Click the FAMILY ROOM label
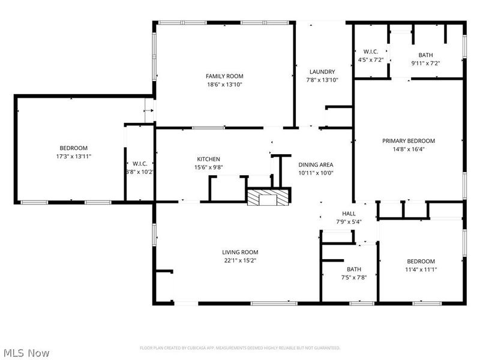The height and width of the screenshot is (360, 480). pyautogui.click(x=224, y=76)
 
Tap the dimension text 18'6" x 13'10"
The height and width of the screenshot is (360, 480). pyautogui.click(x=224, y=85)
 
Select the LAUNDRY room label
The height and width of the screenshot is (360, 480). pyautogui.click(x=322, y=72)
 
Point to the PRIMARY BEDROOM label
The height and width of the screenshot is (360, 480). pyautogui.click(x=409, y=141)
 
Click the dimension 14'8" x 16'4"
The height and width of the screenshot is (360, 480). pyautogui.click(x=409, y=149)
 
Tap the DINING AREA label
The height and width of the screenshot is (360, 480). pyautogui.click(x=316, y=164)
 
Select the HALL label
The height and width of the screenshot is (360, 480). pyautogui.click(x=349, y=214)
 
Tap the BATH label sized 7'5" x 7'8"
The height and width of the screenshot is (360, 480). pyautogui.click(x=353, y=269)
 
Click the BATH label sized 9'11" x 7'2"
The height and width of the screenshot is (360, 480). pyautogui.click(x=425, y=55)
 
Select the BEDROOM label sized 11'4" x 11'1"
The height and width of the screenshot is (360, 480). pyautogui.click(x=421, y=261)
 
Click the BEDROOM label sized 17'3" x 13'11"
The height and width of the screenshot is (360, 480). pyautogui.click(x=73, y=148)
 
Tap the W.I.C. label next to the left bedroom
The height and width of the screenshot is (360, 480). pyautogui.click(x=140, y=163)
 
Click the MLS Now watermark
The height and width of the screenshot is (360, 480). pyautogui.click(x=26, y=353)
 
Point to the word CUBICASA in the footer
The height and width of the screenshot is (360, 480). pyautogui.click(x=209, y=348)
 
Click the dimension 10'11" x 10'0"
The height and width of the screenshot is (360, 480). pyautogui.click(x=316, y=173)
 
